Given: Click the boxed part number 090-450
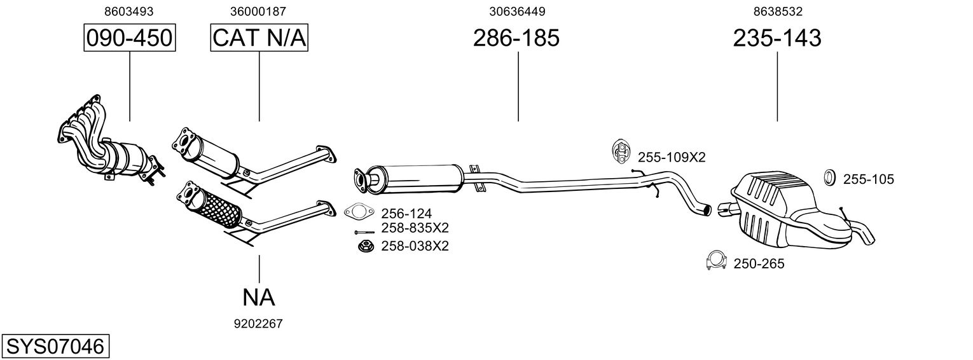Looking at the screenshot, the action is [x=130, y=38].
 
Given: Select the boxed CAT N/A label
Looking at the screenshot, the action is [x=259, y=38].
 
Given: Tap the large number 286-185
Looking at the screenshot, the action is [x=516, y=38].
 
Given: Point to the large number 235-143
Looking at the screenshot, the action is [x=777, y=38].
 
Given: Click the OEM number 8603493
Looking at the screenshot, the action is [x=129, y=11].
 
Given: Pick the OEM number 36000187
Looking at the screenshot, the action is [x=258, y=11].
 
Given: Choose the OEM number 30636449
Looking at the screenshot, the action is [x=517, y=11].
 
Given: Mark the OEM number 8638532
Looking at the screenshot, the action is [x=778, y=11].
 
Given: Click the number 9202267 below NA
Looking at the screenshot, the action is [x=258, y=324].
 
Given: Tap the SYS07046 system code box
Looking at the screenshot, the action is [x=55, y=347].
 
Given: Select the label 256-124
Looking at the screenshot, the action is [x=406, y=214].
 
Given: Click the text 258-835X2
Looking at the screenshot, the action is [x=415, y=228].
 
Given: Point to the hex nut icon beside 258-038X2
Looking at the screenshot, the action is [x=365, y=246].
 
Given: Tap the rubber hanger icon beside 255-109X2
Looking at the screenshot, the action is [x=621, y=152].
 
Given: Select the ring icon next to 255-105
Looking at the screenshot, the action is [x=829, y=177].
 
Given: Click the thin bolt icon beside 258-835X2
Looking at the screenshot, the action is [x=364, y=232].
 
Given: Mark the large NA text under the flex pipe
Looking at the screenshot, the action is [x=259, y=298].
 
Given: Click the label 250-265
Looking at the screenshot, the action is [x=759, y=264].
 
